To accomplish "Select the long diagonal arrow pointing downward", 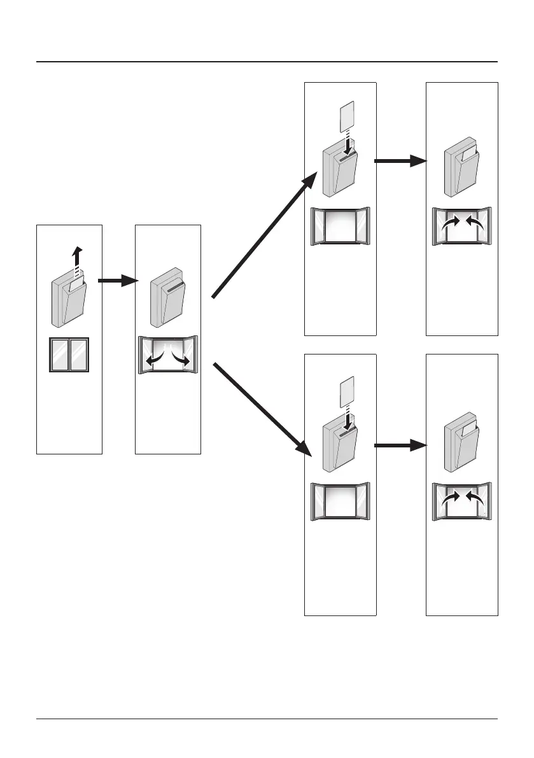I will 262,410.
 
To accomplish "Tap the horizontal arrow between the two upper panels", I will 400,161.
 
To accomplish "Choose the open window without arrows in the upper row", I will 340,226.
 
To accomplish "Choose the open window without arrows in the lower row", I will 340,502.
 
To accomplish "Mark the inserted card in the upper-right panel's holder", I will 469,155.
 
